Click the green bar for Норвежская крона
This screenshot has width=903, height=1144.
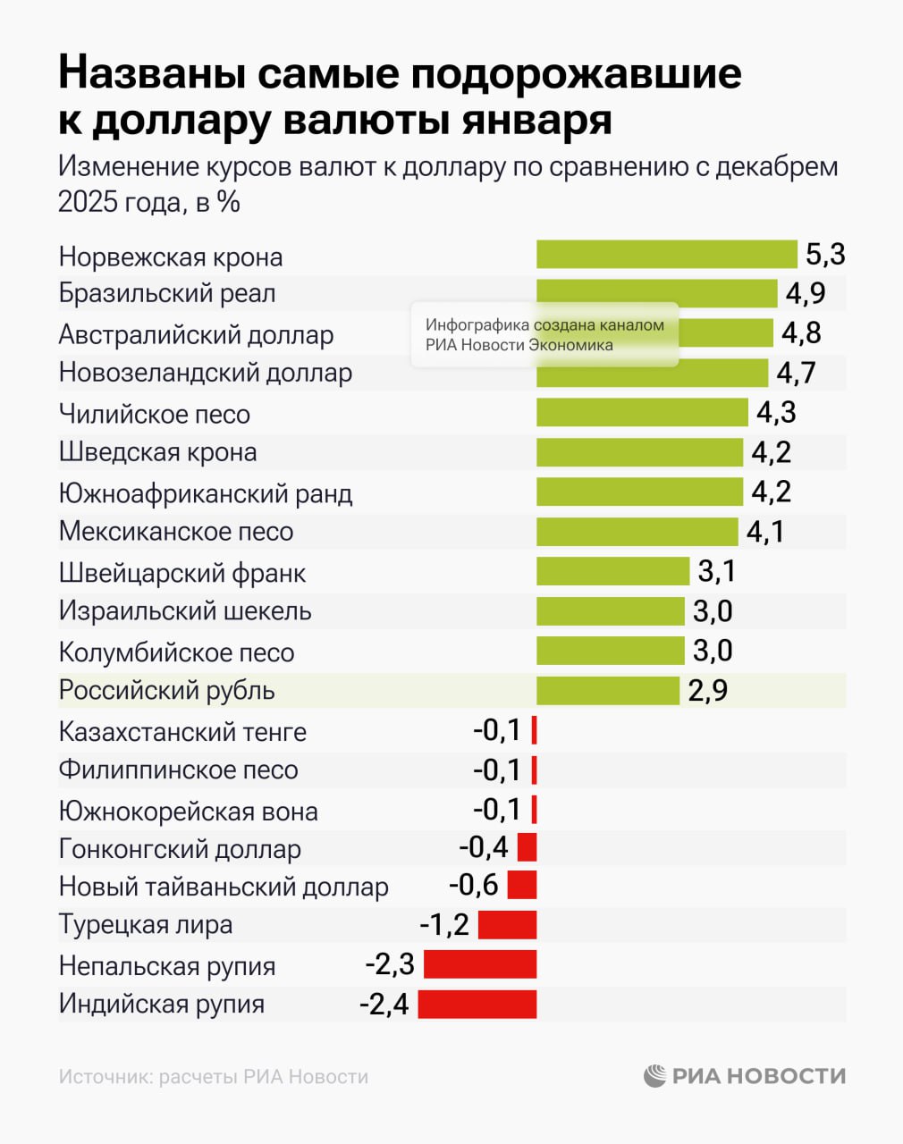click(x=666, y=254)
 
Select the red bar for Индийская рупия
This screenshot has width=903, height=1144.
click(x=477, y=1004)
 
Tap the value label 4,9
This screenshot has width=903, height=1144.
click(x=805, y=293)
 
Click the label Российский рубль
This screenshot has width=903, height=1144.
click(x=166, y=691)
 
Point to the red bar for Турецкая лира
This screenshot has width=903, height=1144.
click(x=507, y=924)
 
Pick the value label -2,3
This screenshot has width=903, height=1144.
click(x=390, y=964)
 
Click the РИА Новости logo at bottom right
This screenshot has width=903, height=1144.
click(x=744, y=1076)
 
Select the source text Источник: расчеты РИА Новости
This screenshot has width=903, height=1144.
click(x=213, y=1077)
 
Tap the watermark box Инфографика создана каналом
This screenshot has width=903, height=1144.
click(x=544, y=335)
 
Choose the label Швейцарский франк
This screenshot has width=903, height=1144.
click(x=182, y=573)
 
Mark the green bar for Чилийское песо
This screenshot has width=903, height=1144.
click(x=642, y=412)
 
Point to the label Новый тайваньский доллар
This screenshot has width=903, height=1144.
click(x=224, y=887)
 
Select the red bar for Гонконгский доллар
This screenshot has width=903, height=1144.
click(x=527, y=846)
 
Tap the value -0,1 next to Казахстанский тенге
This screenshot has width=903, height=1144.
click(x=497, y=730)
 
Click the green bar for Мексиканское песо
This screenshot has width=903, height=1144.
click(x=637, y=532)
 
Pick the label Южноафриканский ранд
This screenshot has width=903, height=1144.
click(x=206, y=493)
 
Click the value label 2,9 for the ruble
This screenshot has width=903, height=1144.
click(x=707, y=691)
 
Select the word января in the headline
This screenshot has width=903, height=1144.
click(x=536, y=120)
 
